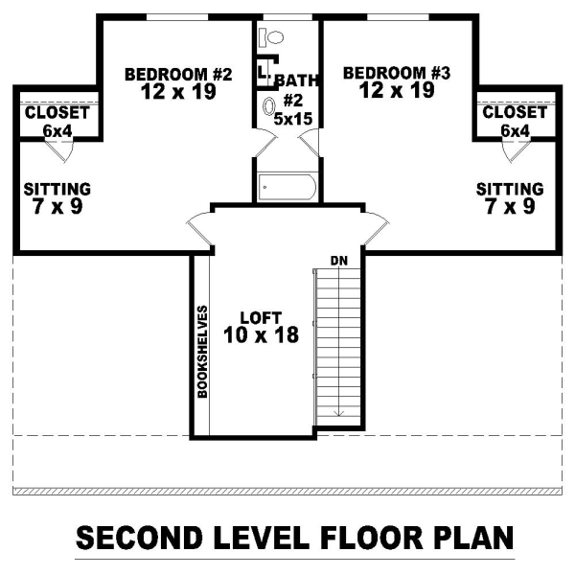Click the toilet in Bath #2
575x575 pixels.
pos(271,37)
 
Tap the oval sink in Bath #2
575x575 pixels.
pos(269,106)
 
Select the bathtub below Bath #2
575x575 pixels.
pos(287,188)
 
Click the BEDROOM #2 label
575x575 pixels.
pos(178,75)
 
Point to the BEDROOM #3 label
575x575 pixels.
pos(397,73)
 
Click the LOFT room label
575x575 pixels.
pos(261,318)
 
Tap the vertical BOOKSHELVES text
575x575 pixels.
pos(202,352)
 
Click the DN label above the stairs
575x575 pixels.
pos(339,261)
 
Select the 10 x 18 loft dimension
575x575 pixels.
pos(261,334)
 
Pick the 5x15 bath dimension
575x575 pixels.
pos(293,119)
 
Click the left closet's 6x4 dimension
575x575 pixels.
pos(57,131)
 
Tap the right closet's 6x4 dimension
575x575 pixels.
pos(516,131)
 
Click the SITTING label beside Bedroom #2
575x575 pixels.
pos(57,189)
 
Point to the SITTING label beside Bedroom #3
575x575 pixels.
pos(510,189)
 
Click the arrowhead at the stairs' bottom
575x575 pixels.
pos(339,414)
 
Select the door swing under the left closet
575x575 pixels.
pos(59,150)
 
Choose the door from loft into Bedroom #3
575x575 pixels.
pos(376,229)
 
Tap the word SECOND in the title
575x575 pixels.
pos(139,538)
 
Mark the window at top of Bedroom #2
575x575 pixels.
pos(177,17)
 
